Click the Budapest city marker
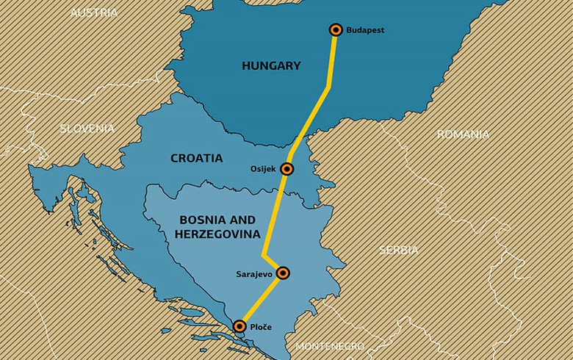[336, 30]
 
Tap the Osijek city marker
[286, 169]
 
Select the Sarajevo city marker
[283, 273]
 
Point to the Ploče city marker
[239, 325]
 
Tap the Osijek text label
[262, 169]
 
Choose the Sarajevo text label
[254, 273]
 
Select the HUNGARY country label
[271, 66]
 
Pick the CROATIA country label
[196, 158]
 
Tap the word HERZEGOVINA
[217, 234]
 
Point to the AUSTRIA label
[93, 12]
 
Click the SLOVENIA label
[87, 129]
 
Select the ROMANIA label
[463, 134]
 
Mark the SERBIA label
[399, 250]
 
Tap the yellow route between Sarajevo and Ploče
[261, 300]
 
